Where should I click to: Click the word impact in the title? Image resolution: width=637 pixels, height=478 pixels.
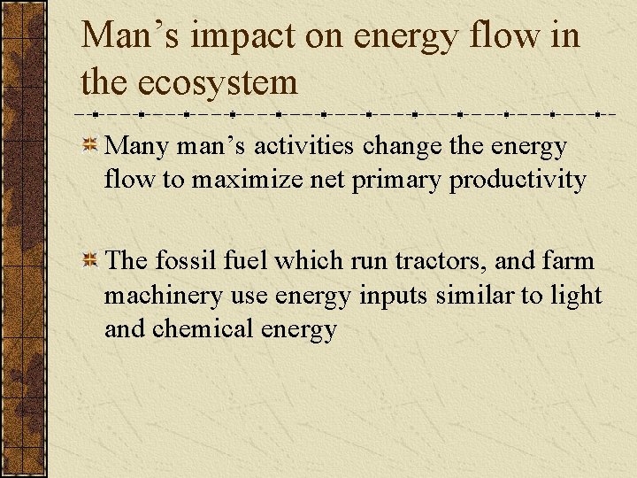pyautogui.click(x=233, y=36)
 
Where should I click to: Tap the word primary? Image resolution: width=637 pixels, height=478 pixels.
pyautogui.click(x=396, y=181)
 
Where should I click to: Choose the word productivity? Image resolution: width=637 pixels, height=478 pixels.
pyautogui.click(x=518, y=181)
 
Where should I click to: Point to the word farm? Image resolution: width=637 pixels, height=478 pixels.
pyautogui.click(x=568, y=261)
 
